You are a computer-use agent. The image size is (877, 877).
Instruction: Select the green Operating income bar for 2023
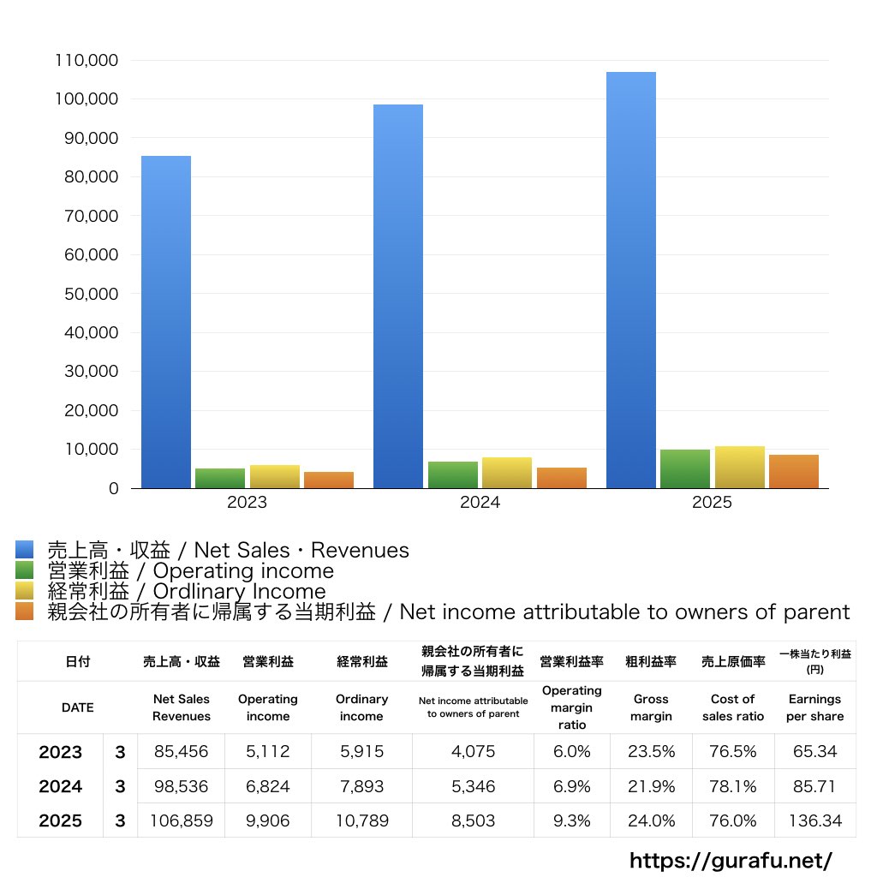(x=220, y=478)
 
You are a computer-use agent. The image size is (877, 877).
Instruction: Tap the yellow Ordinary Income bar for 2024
(x=507, y=473)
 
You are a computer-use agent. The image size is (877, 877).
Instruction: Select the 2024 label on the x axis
(x=480, y=503)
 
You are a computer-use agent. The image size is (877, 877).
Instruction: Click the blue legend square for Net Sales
(x=24, y=550)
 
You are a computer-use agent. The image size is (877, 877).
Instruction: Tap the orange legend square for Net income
(x=24, y=612)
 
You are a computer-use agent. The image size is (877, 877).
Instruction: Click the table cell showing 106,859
(x=182, y=820)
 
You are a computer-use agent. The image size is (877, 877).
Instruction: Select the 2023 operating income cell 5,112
(x=267, y=752)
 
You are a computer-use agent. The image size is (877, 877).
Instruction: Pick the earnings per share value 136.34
(x=814, y=820)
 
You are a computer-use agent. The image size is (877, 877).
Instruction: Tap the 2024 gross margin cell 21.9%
(x=651, y=786)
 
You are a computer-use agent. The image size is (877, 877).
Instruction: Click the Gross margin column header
(x=651, y=707)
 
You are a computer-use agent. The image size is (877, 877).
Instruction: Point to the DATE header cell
(x=77, y=707)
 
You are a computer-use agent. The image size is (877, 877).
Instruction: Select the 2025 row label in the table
(x=60, y=820)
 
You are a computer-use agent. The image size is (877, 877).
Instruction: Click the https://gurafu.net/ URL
(x=731, y=860)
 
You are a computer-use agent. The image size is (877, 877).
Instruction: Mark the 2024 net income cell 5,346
(x=473, y=786)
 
